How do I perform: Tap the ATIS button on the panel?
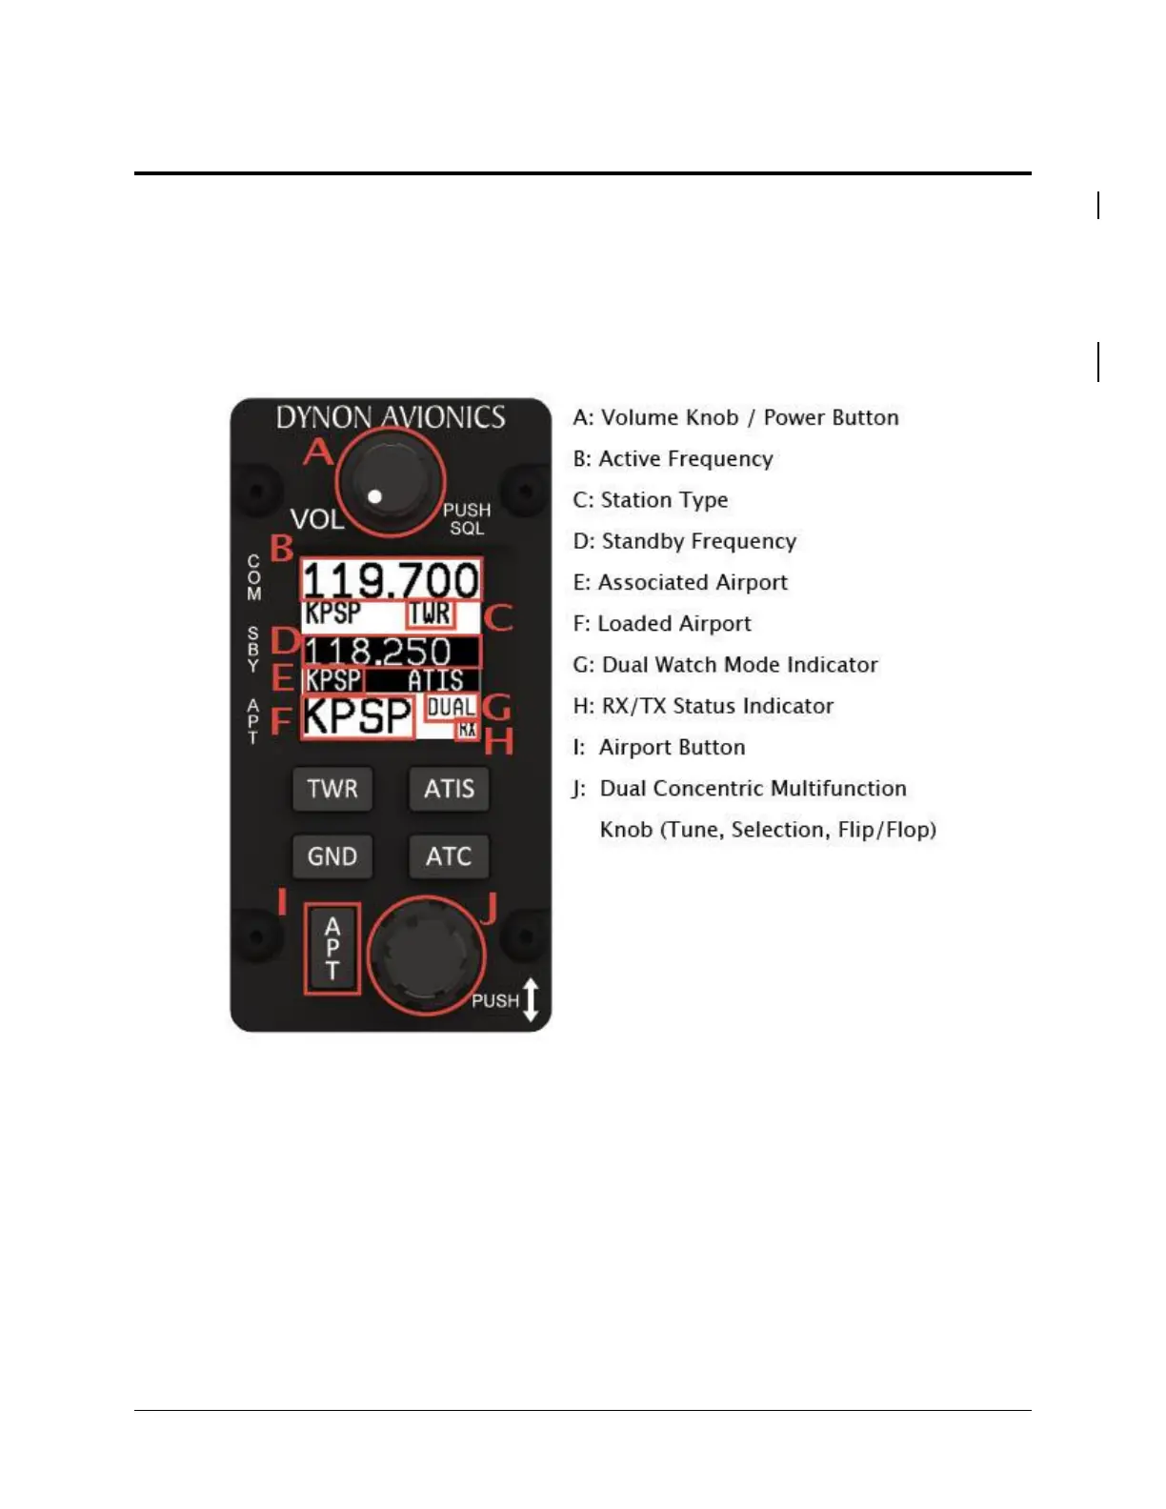point(449,789)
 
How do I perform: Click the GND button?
point(332,855)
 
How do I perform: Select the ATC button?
point(449,855)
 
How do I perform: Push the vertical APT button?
point(332,948)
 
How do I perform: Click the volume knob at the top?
point(390,482)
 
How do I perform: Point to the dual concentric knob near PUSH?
point(425,954)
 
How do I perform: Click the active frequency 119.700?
point(391,579)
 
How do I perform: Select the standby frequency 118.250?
point(378,652)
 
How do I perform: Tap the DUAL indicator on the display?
point(451,707)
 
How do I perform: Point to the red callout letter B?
point(282,549)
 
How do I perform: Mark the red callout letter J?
point(490,908)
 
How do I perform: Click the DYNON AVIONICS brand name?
point(391,417)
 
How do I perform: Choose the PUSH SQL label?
point(467,519)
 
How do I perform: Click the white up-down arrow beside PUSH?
point(532,1000)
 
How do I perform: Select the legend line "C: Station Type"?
point(651,500)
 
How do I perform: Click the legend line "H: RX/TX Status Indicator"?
point(703,706)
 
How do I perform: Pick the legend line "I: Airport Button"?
point(659,747)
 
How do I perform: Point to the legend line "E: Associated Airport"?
point(680,582)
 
